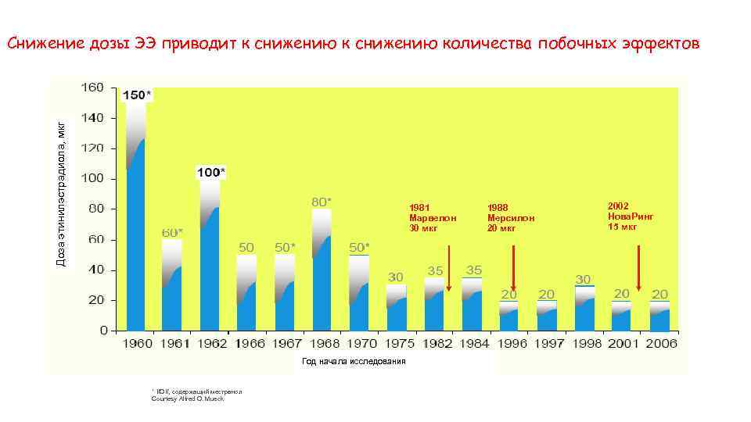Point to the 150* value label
pos(138,95)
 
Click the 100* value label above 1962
pos(210,171)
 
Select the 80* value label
pos(322,202)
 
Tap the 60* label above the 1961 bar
pos(173,232)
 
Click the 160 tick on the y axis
pos(93,88)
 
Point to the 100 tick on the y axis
pos(93,178)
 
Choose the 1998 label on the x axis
pos(584,344)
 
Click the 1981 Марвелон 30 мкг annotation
pos(430,217)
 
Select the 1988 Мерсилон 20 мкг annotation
pos(511,217)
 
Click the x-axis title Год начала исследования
pos(354,361)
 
